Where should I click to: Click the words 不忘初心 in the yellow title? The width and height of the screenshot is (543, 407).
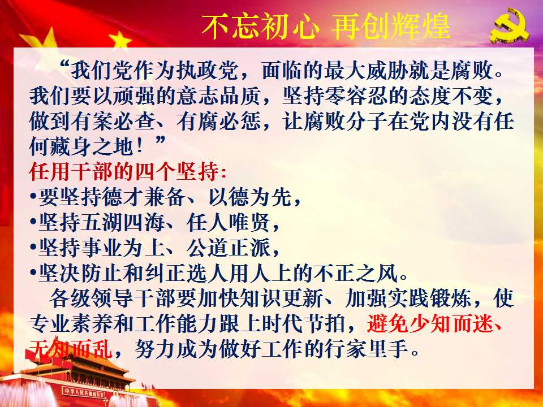point(260,27)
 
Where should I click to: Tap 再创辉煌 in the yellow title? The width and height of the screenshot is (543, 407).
point(391,27)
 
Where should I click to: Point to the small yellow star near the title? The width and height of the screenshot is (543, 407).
point(120,39)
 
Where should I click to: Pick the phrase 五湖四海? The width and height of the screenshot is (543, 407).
point(122,223)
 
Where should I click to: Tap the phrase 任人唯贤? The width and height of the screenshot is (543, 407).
point(228,223)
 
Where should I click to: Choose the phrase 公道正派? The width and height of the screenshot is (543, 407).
point(228,248)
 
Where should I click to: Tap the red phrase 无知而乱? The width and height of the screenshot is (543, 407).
point(71,349)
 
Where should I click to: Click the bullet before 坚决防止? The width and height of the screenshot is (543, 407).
point(33,272)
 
